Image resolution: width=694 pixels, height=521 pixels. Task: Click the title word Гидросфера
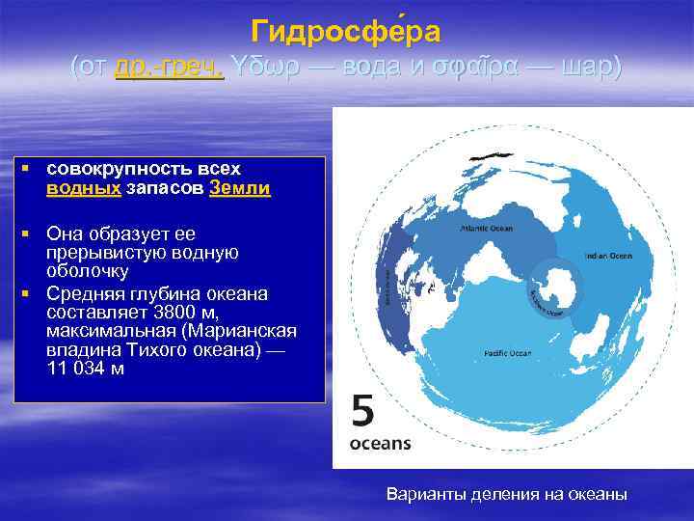point(346,33)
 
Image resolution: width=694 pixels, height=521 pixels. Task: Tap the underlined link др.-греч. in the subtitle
point(169,67)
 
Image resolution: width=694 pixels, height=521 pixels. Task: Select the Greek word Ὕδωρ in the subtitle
point(259,67)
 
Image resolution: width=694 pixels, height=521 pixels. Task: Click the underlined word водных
point(83,189)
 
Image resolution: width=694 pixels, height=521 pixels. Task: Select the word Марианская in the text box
point(243,331)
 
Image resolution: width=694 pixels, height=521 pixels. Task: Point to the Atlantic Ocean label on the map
point(487,229)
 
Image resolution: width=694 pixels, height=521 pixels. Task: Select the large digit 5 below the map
point(362,412)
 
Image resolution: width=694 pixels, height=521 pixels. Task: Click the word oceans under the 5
point(380,444)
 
